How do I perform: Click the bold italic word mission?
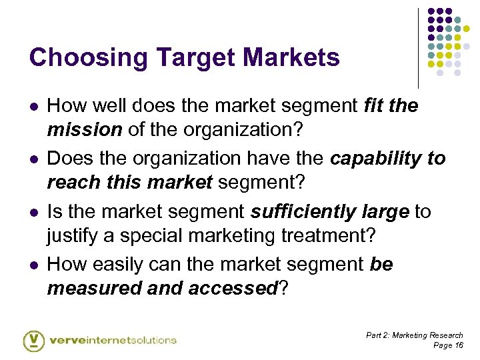[84, 129]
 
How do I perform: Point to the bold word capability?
[376, 159]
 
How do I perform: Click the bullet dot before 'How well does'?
[33, 106]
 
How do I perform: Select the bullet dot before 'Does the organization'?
[33, 159]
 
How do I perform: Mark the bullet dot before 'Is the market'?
[33, 213]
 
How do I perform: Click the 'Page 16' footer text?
[448, 345]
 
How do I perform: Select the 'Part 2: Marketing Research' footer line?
[414, 335]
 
